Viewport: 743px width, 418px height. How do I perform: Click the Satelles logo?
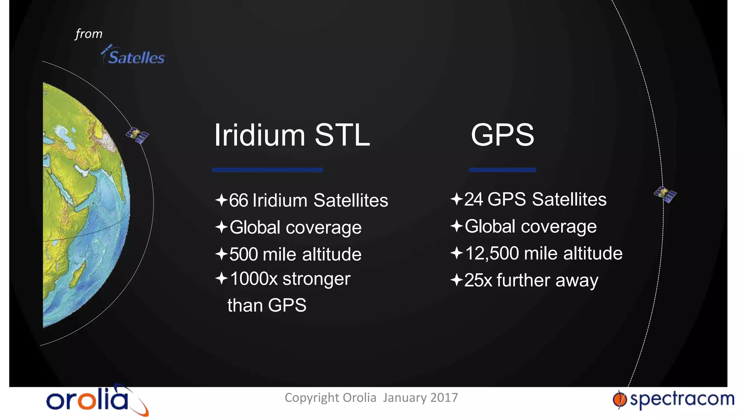[x=134, y=56]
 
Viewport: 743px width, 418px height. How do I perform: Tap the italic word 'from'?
[x=89, y=34]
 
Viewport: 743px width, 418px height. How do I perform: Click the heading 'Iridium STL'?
[x=292, y=135]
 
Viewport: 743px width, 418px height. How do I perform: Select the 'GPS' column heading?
[x=502, y=135]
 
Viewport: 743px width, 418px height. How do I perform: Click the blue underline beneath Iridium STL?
[x=267, y=170]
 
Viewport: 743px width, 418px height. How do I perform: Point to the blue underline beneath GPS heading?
[x=502, y=170]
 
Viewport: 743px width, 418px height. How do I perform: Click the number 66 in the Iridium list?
[x=238, y=201]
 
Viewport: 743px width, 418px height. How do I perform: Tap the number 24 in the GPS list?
[x=473, y=200]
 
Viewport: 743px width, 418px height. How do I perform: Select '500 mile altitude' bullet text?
[x=295, y=254]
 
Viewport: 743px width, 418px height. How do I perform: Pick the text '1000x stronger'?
[x=290, y=279]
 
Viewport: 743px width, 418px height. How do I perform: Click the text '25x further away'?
[x=531, y=280]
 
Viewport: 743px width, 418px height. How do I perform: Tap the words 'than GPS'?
[x=267, y=305]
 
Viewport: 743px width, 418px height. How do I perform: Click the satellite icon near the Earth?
[x=137, y=135]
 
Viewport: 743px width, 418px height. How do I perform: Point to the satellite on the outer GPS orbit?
[x=665, y=194]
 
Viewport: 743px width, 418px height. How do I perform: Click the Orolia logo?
[x=97, y=400]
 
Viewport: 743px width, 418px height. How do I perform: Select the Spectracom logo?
[x=673, y=399]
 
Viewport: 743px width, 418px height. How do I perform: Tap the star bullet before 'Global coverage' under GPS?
[x=456, y=226]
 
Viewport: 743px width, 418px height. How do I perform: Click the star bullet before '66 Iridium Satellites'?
[x=221, y=200]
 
